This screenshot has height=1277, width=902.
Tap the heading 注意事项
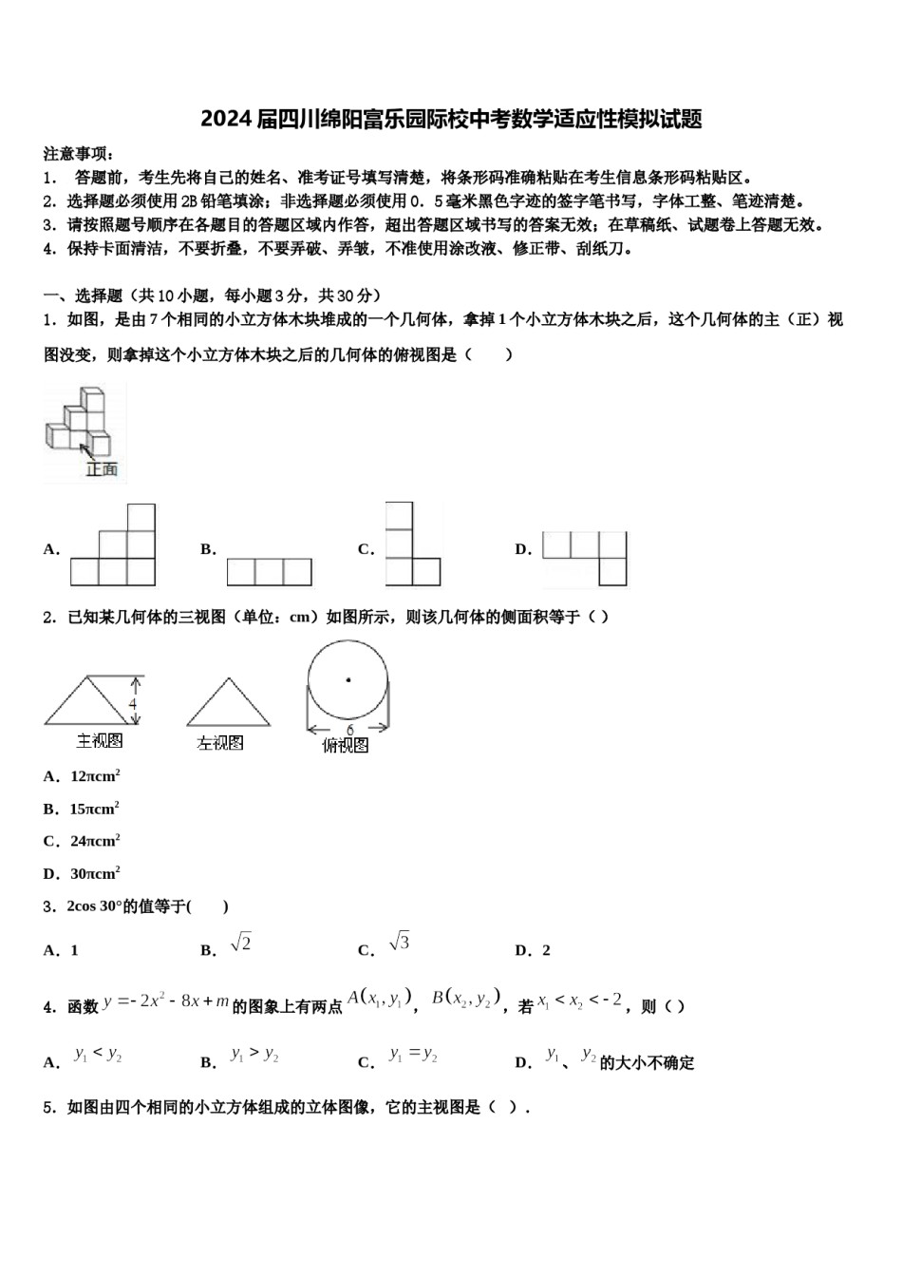tap(79, 154)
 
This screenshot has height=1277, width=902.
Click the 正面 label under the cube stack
tap(102, 468)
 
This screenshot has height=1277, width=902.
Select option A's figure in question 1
tap(113, 546)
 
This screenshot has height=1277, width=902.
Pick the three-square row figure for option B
tap(269, 572)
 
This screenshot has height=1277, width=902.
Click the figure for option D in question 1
tap(585, 558)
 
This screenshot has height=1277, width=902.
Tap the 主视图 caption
tap(100, 740)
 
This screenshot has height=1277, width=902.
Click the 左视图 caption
tap(220, 743)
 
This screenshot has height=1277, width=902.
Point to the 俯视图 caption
tap(346, 746)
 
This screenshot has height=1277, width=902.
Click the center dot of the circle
tap(348, 679)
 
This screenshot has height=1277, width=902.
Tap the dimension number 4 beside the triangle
tap(133, 704)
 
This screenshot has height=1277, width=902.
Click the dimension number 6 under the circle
tap(349, 730)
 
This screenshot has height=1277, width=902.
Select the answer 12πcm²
tap(94, 776)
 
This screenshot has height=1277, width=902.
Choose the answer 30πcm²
tap(94, 873)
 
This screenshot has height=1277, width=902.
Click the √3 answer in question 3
tap(399, 943)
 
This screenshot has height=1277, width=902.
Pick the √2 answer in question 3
tap(241, 943)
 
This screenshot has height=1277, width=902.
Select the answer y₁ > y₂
tap(254, 1055)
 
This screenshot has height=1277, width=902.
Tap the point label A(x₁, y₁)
tap(379, 998)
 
